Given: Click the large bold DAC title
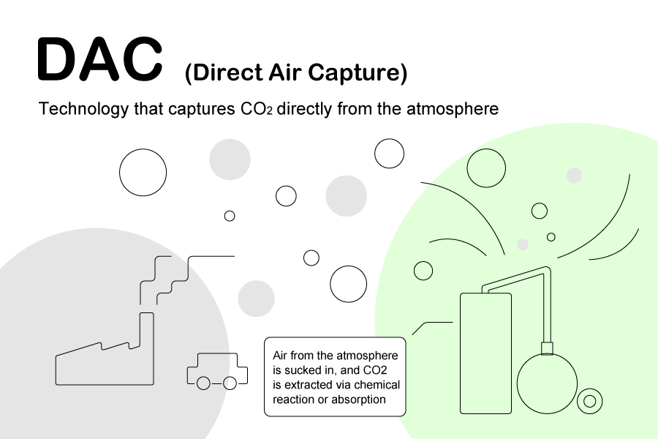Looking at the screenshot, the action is tap(100, 59).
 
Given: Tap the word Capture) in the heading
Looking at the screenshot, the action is tap(358, 72).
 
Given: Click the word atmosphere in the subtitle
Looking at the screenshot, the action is tap(453, 109).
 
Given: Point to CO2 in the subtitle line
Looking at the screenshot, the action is tap(257, 109).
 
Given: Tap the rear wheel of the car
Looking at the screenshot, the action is tap(203, 383).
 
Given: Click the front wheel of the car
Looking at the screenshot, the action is tap(230, 383).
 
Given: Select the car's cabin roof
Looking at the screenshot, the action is tap(217, 353).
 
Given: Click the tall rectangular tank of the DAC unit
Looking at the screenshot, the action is tap(485, 353).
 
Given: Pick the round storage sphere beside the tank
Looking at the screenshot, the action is tap(547, 383).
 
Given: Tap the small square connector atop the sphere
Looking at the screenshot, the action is tap(547, 349).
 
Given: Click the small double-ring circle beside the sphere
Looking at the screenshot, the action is tap(589, 401).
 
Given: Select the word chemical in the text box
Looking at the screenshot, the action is tap(377, 385).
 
